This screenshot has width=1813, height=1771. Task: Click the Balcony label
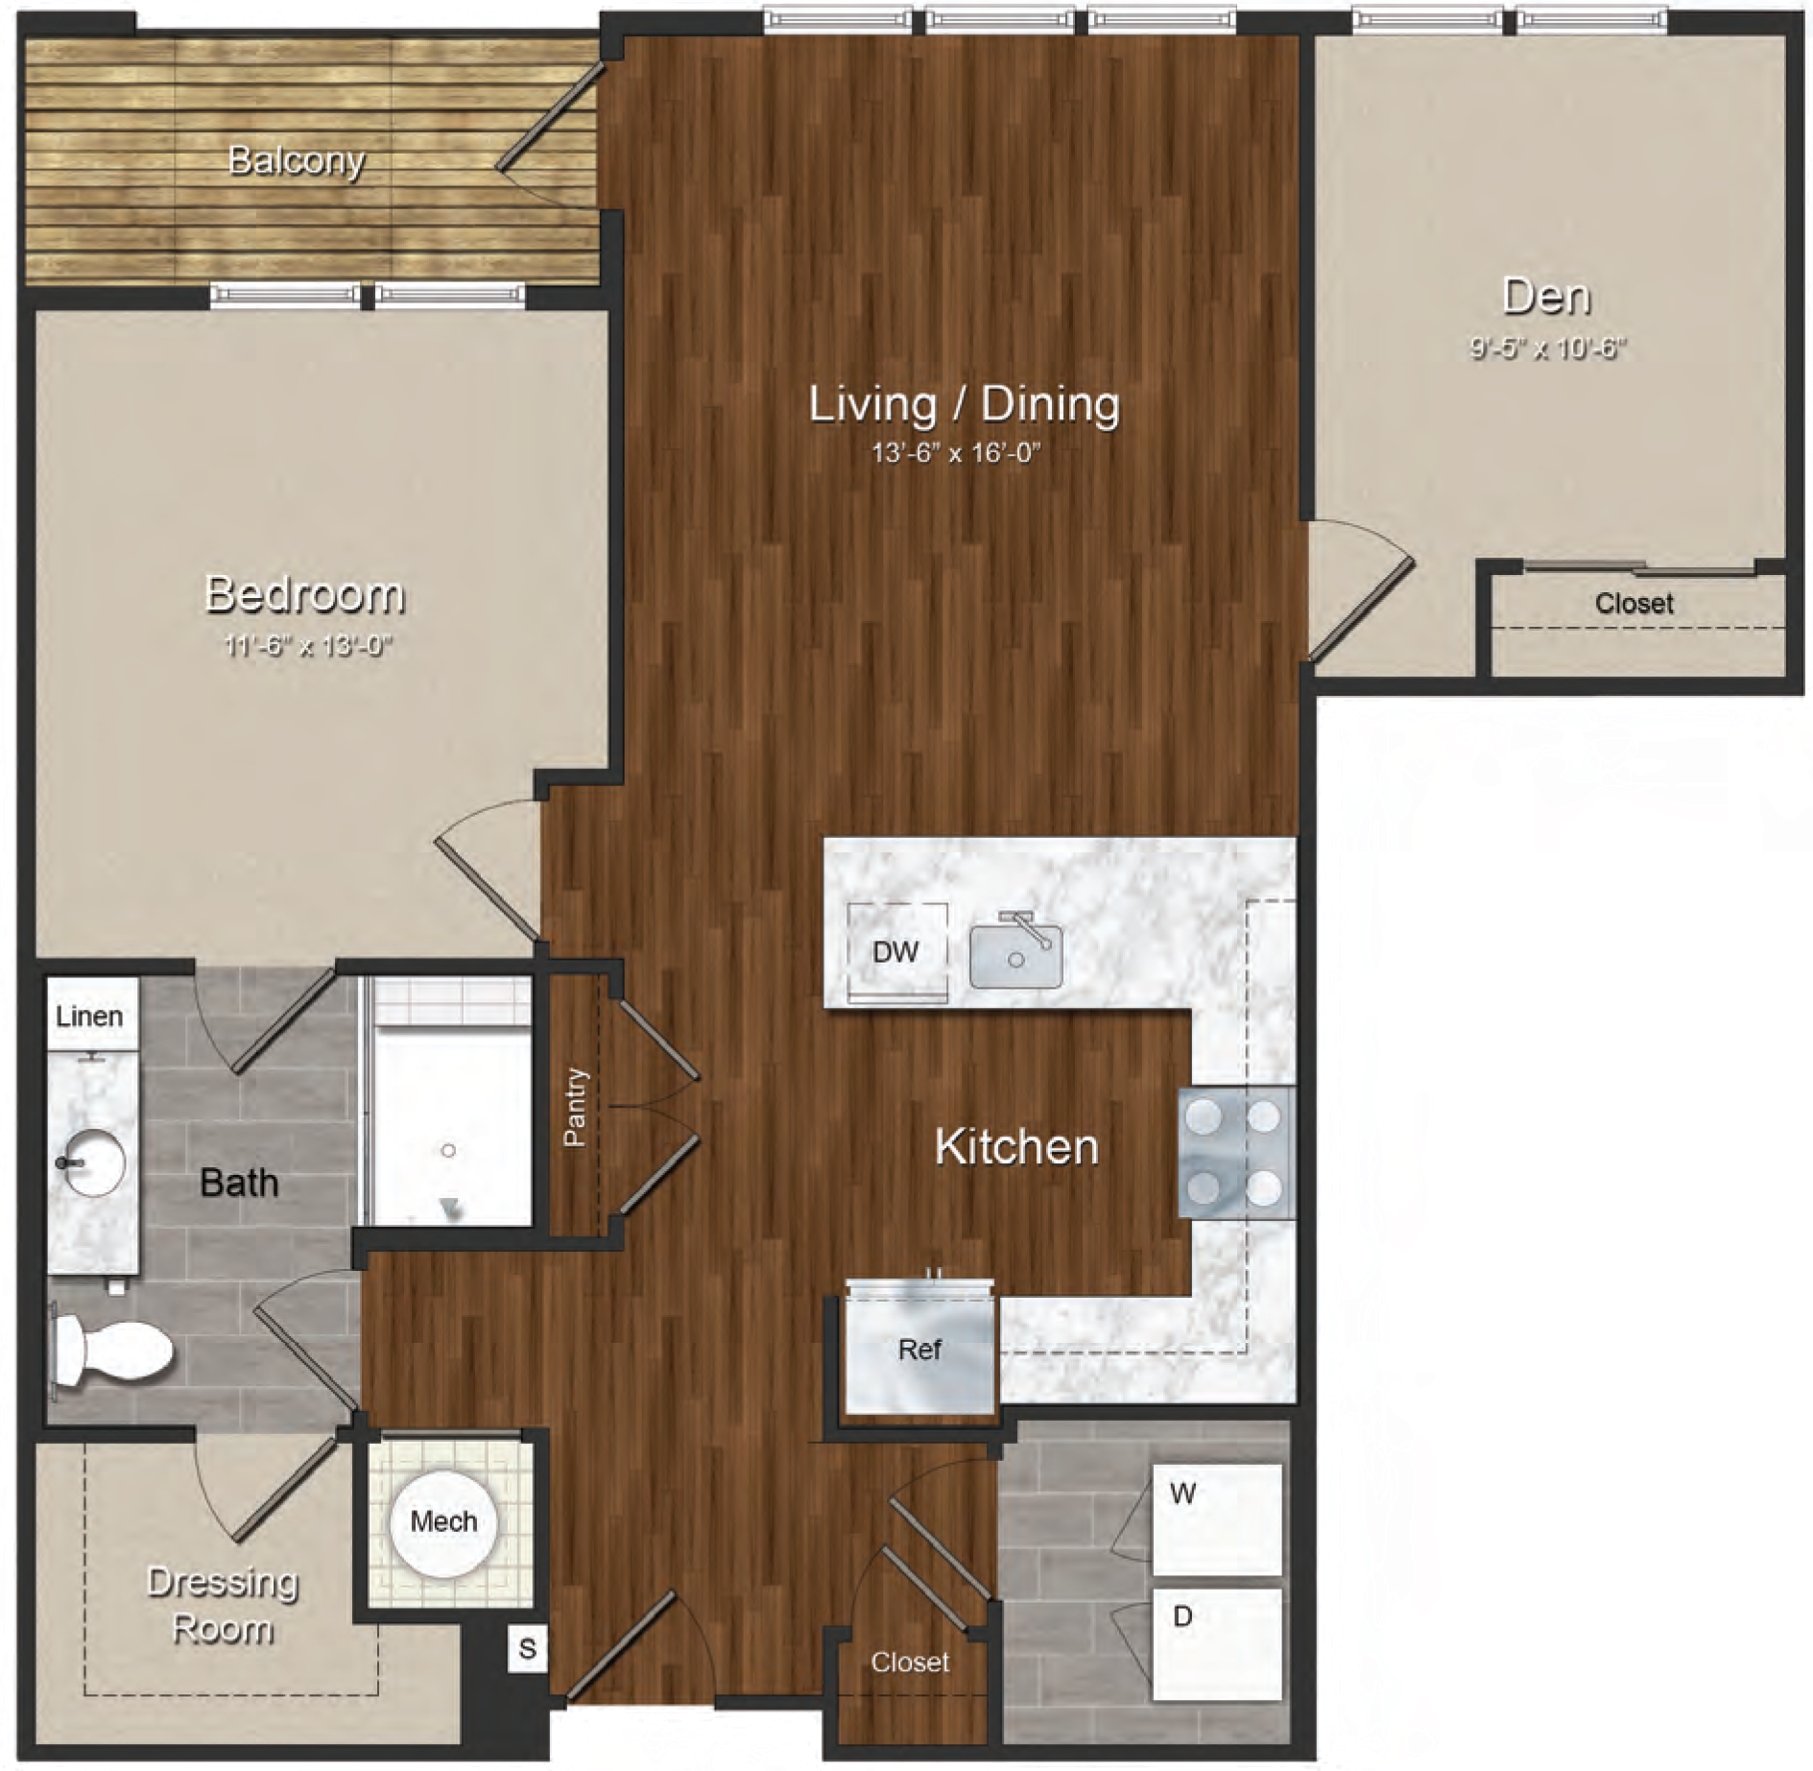[x=296, y=160]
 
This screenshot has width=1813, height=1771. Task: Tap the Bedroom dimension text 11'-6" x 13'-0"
[x=308, y=645]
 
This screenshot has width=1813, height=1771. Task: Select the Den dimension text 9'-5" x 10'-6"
[x=1547, y=347]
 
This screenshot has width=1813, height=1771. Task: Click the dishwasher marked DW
[x=897, y=952]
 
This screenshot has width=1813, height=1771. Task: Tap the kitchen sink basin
[x=1016, y=955]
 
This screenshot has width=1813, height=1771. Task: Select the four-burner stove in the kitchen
[x=1236, y=1152]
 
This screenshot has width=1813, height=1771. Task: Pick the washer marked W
[x=1217, y=1519]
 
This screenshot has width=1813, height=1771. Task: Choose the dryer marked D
[x=1217, y=1644]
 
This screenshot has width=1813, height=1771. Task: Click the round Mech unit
[x=443, y=1522]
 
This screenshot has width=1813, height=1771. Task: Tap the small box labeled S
[x=527, y=1648]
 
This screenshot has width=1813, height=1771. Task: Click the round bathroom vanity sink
[x=92, y=1161]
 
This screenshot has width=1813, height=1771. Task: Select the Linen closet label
[x=89, y=1016]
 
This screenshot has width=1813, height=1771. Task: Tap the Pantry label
[x=574, y=1107]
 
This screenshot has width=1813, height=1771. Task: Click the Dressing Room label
[x=223, y=1605]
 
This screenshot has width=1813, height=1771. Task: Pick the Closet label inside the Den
[x=1634, y=603]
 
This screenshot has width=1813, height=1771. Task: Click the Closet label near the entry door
[x=910, y=1662]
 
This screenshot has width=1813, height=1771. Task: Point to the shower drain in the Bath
[x=448, y=1150]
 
